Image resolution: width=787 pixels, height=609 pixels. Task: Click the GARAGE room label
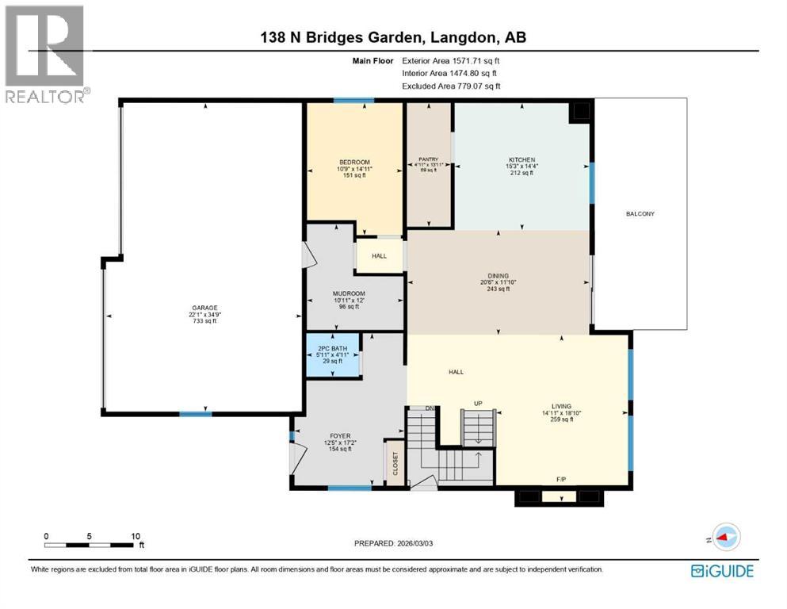point(204,308)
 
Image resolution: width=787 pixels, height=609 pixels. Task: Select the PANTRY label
point(428,159)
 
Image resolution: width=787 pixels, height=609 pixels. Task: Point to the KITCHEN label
point(521,159)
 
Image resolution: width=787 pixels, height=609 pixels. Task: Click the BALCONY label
point(640,214)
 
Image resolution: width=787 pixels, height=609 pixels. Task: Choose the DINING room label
point(499,275)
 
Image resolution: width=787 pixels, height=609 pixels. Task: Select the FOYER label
point(340,435)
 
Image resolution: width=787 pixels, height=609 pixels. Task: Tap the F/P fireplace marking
point(562,479)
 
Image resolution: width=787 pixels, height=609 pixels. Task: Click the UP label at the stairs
point(478,404)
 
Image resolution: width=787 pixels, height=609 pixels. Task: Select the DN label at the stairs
point(430,408)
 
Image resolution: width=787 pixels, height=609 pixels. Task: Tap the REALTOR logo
point(45,54)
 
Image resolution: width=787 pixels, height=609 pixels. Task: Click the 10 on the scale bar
point(135,535)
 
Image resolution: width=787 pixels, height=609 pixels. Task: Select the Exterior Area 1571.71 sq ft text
point(451,60)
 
